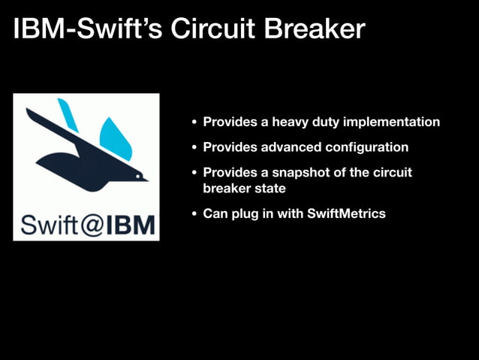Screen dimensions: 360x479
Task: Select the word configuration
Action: [x=363, y=147]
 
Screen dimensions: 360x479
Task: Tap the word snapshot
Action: [x=288, y=173]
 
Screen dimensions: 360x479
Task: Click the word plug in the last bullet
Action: [x=242, y=214]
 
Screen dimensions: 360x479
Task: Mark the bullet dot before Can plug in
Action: [x=194, y=214]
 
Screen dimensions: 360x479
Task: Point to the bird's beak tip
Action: [x=147, y=179]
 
